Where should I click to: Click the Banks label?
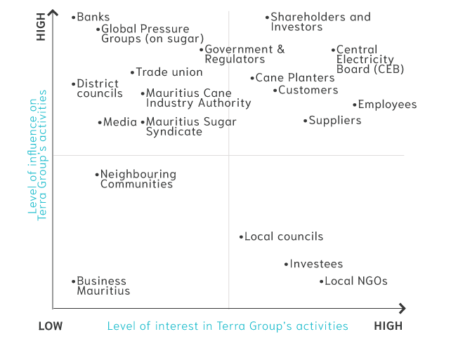[x=93, y=17]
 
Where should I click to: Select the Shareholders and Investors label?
[x=320, y=22]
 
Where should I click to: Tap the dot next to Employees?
[x=355, y=105]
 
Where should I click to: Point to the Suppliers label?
[x=335, y=121]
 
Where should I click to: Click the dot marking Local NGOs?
[x=321, y=281]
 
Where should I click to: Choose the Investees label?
[x=316, y=265]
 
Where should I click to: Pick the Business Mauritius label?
[x=103, y=286]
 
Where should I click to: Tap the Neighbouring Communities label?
[x=138, y=179]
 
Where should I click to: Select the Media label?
[x=120, y=122]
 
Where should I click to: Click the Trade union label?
[x=169, y=72]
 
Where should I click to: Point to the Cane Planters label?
[x=295, y=78]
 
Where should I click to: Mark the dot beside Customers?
[x=275, y=90]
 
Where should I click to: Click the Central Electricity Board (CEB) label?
[x=365, y=59]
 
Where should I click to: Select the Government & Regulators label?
[x=244, y=54]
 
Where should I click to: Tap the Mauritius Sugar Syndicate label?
[x=191, y=126]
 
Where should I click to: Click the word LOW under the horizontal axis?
[x=50, y=326]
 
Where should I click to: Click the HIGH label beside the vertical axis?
[x=41, y=27]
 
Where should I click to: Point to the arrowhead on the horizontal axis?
[x=403, y=308]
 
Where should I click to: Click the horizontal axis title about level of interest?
[x=228, y=326]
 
